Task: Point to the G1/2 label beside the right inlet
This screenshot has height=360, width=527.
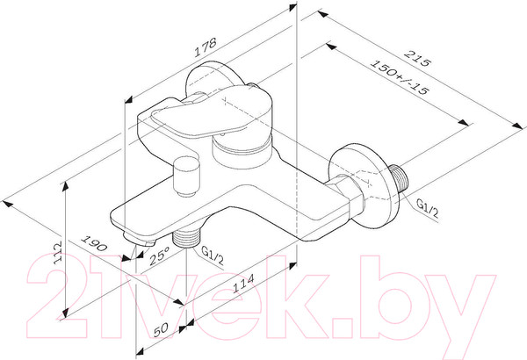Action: click(427, 207)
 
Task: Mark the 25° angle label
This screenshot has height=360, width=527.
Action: click(160, 256)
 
